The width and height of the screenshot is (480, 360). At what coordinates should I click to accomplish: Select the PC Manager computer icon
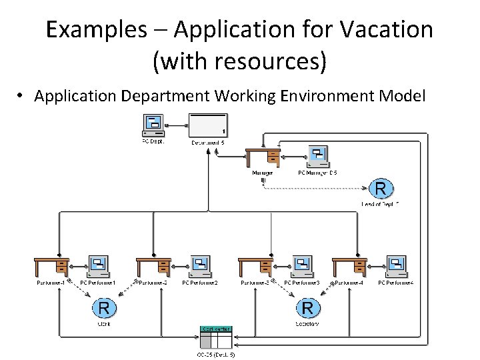click(317, 156)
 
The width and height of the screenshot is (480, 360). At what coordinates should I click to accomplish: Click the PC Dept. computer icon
click(154, 125)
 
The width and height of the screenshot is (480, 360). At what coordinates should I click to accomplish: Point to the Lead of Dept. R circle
click(380, 189)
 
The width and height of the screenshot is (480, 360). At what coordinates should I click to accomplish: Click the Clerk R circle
click(104, 308)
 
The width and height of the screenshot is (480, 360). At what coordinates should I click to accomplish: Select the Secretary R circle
click(307, 308)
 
